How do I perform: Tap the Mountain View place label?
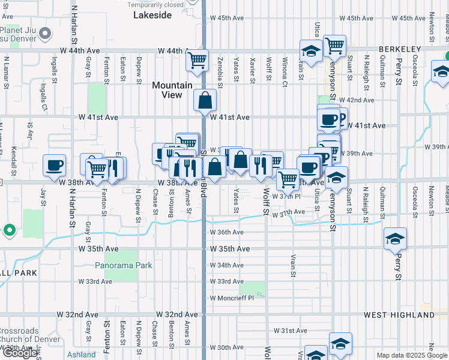[x=172, y=90]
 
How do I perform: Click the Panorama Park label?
[x=124, y=265]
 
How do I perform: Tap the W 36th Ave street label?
[x=226, y=232]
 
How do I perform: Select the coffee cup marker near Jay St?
[x=54, y=165]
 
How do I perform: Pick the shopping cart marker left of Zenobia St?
[x=196, y=60]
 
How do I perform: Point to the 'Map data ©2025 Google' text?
[x=412, y=355]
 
